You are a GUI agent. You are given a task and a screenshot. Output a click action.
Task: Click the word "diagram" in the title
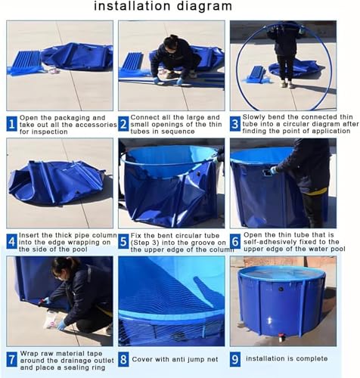(204, 6)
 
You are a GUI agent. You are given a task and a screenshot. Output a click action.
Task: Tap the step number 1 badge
(12, 124)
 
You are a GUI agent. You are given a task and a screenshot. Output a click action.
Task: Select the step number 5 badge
(123, 242)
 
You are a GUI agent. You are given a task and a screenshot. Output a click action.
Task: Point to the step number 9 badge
(235, 359)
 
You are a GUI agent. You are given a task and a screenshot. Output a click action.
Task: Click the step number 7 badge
(12, 360)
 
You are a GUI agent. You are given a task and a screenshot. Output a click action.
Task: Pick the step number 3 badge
(235, 124)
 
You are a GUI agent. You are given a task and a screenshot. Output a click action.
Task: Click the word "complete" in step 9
(312, 359)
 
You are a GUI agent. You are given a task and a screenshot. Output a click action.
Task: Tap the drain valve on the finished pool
(282, 337)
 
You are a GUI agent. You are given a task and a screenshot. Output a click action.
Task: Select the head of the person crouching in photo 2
(170, 45)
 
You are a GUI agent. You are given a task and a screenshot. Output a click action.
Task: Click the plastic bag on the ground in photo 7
(54, 320)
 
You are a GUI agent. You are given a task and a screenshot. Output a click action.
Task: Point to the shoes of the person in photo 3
(287, 85)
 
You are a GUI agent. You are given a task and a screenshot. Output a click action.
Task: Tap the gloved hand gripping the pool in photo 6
(274, 171)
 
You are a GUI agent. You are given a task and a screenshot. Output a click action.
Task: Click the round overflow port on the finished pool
(281, 289)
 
